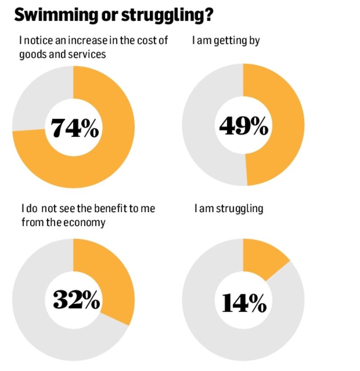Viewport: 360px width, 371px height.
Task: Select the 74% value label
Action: [x=75, y=128]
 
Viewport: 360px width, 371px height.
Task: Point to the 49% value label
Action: [x=243, y=126]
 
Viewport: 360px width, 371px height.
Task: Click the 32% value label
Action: [x=76, y=299]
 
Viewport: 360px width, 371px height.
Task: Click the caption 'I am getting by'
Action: [x=226, y=41]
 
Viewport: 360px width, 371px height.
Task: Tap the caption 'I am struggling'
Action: [x=229, y=209]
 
